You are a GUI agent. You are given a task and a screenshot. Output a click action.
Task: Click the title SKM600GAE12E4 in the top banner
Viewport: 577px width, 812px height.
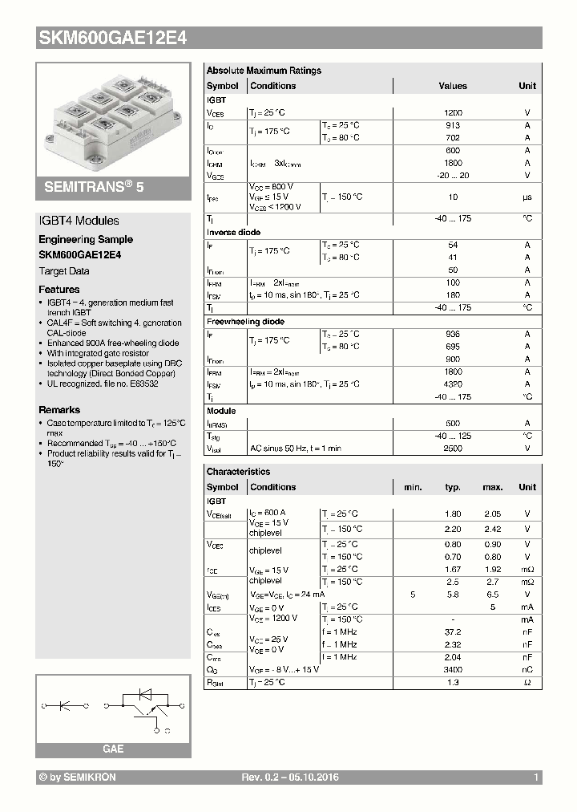pyautogui.click(x=112, y=38)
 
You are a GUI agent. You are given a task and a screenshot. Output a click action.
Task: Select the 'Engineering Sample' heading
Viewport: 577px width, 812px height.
pyautogui.click(x=86, y=239)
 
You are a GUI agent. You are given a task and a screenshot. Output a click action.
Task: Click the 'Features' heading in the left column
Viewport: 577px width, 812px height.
pyautogui.click(x=59, y=289)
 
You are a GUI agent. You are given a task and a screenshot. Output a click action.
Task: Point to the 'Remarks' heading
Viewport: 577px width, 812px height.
pyautogui.click(x=59, y=410)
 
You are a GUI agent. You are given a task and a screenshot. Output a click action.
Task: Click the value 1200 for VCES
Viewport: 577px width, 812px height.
pyautogui.click(x=453, y=113)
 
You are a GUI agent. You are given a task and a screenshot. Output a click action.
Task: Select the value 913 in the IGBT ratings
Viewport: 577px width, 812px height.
pyautogui.click(x=453, y=125)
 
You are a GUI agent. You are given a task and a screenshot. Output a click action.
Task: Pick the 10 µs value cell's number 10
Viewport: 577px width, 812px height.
pyautogui.click(x=453, y=197)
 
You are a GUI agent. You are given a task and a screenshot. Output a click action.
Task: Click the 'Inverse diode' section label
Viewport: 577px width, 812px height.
pyautogui.click(x=233, y=232)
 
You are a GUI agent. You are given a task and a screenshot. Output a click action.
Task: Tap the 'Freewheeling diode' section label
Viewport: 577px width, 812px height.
pyautogui.click(x=245, y=322)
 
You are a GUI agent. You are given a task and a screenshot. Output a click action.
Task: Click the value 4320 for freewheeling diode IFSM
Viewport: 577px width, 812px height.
pyautogui.click(x=453, y=384)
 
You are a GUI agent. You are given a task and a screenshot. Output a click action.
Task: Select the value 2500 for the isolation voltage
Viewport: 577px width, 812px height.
pyautogui.click(x=453, y=449)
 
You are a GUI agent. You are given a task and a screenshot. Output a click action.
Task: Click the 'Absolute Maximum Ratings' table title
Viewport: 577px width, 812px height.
pyautogui.click(x=264, y=71)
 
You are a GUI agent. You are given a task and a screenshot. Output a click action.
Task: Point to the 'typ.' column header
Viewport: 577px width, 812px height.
pyautogui.click(x=453, y=487)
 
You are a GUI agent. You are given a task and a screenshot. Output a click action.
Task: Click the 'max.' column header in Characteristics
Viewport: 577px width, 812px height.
pyautogui.click(x=492, y=487)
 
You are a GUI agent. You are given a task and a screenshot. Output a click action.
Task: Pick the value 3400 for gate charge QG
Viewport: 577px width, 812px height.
pyautogui.click(x=453, y=669)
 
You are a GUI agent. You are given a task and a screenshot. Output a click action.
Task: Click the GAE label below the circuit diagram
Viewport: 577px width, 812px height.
pyautogui.click(x=113, y=749)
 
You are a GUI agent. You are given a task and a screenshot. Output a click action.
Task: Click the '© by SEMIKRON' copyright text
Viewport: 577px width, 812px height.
pyautogui.click(x=78, y=777)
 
